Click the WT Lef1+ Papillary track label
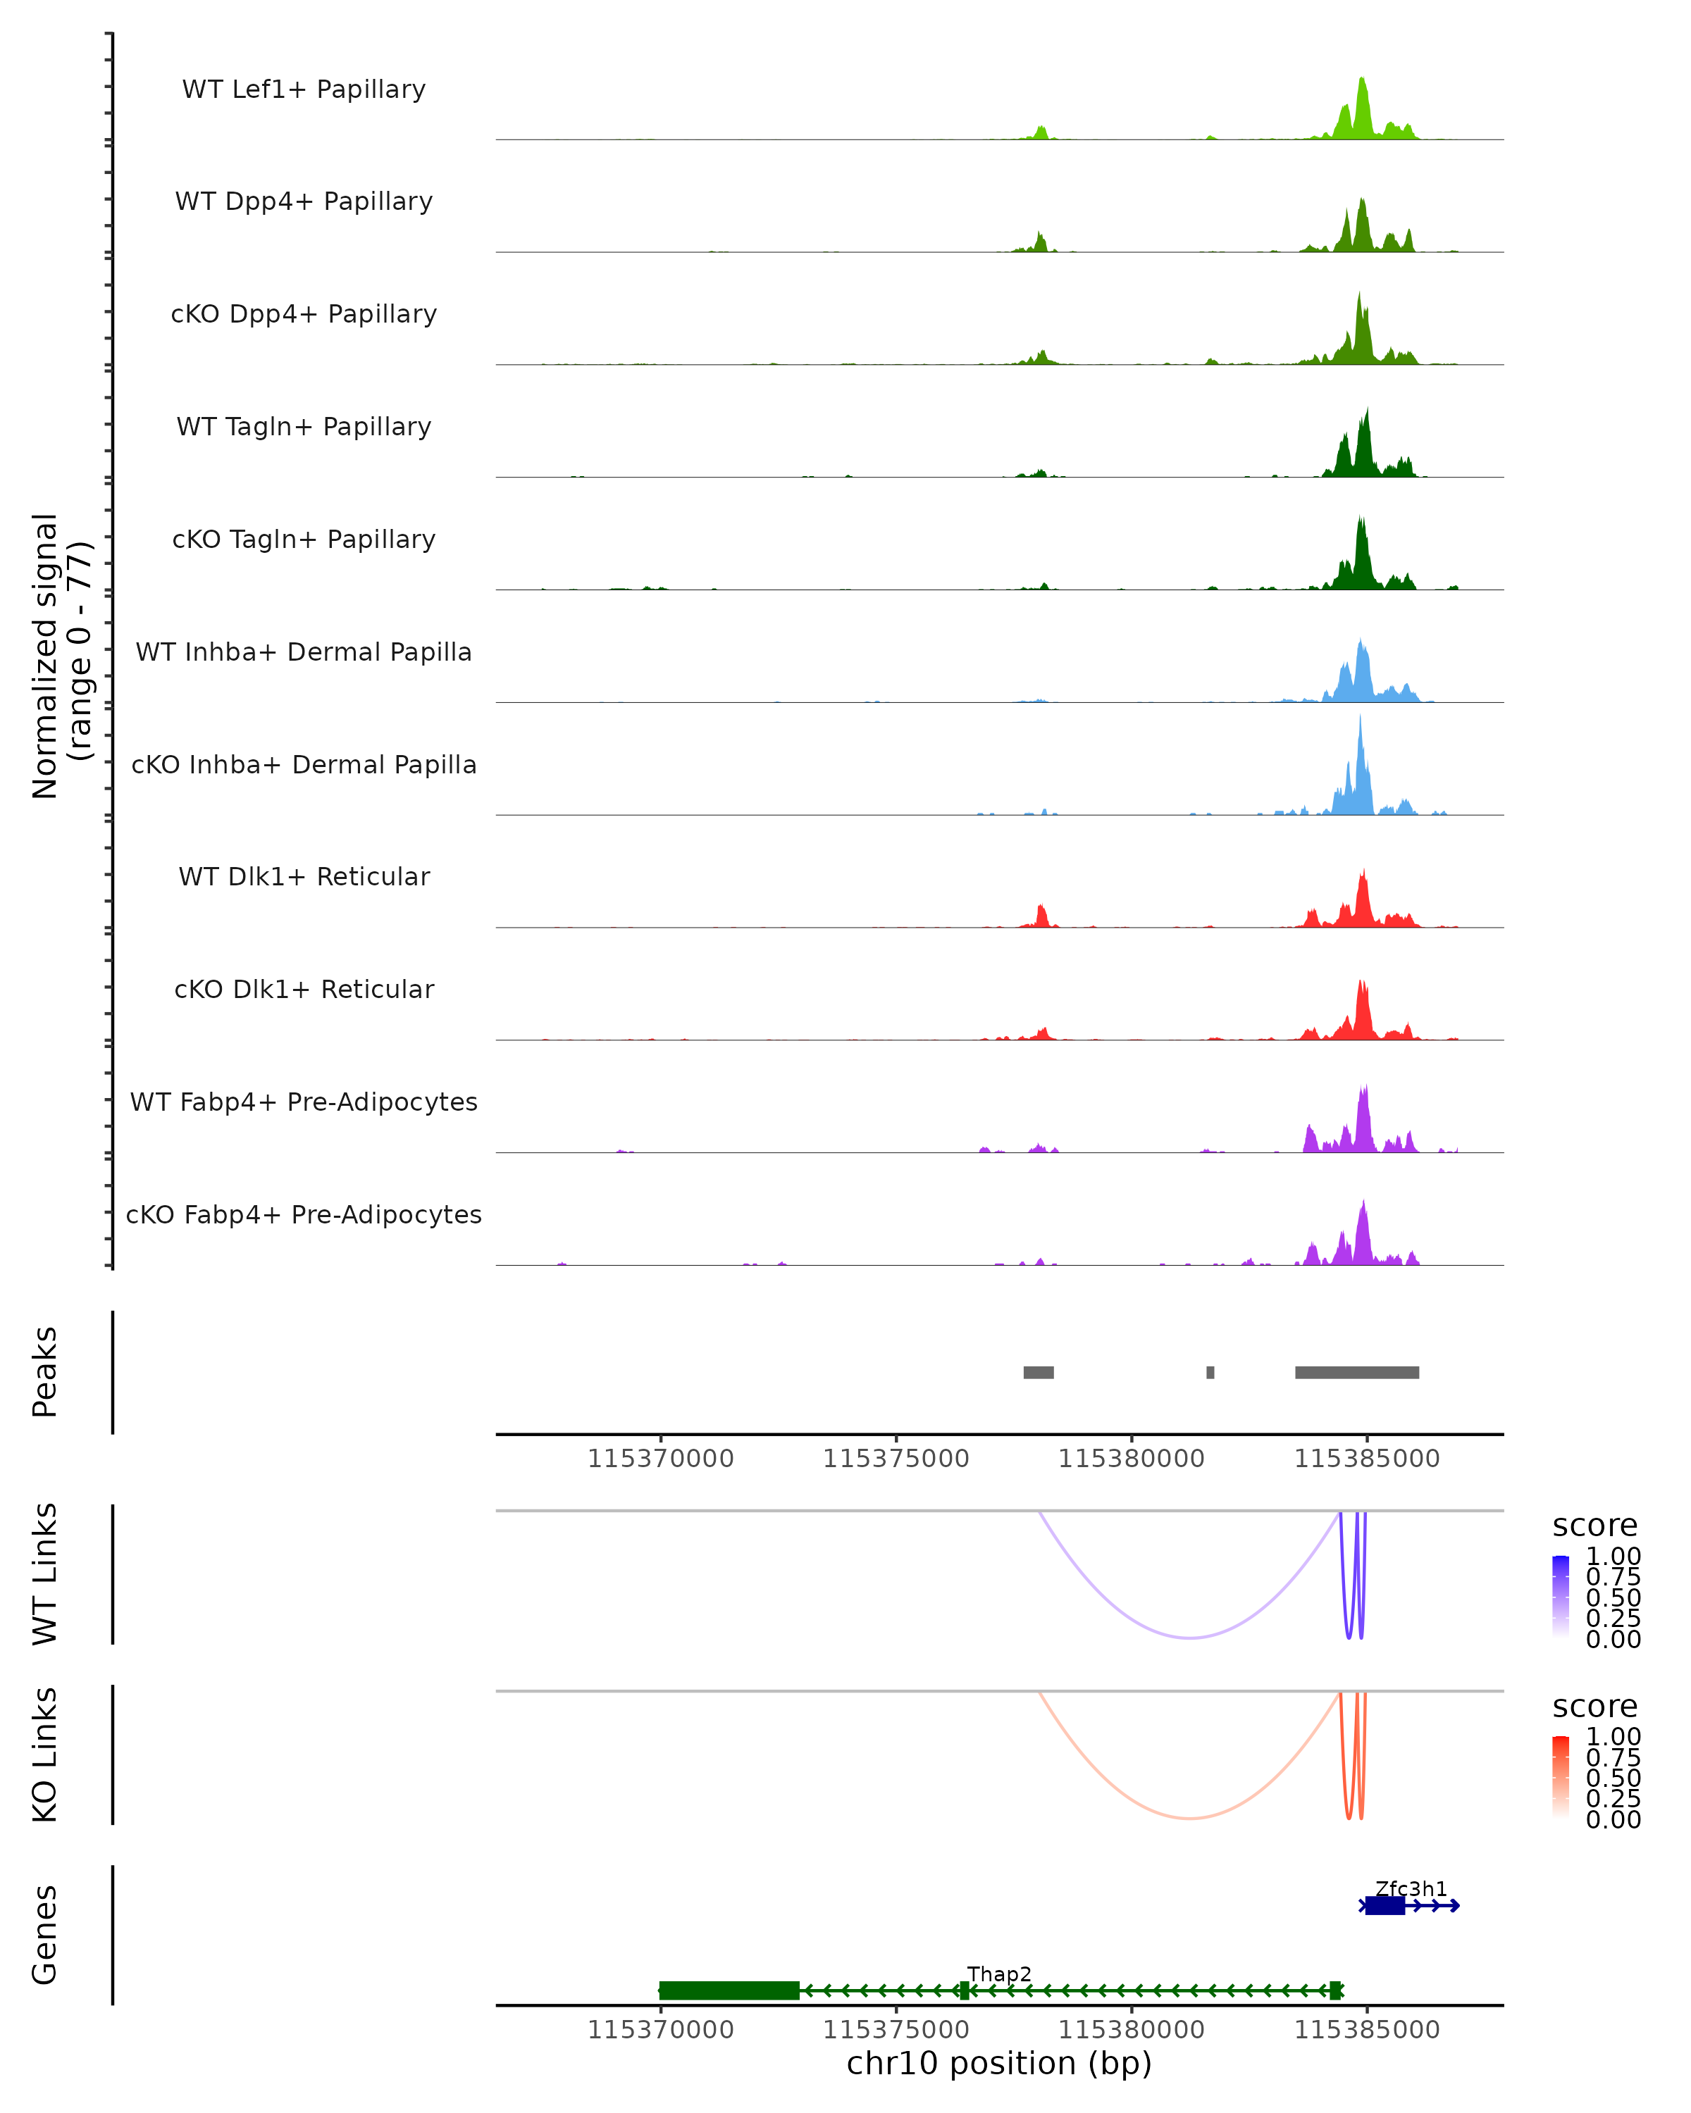304,89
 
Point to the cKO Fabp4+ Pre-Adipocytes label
304,1214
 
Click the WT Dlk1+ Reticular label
304,876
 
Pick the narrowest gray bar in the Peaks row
1210,1372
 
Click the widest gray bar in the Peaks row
1357,1372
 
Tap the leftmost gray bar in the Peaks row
1038,1372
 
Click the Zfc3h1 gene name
1411,1888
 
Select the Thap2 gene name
999,1974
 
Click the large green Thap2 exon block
729,1990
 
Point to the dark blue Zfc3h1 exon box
1385,1905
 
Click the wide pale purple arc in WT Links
1189,1638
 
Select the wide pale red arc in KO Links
1189,1818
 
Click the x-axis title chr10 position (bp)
999,2063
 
